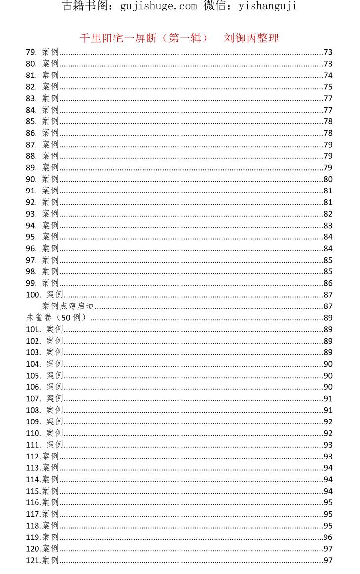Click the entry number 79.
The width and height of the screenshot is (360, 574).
click(31, 52)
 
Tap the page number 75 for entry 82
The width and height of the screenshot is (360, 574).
click(328, 87)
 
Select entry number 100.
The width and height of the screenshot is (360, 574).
click(34, 295)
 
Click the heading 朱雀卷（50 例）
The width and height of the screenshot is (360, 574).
click(57, 318)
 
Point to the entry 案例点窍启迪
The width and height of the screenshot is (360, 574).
click(68, 306)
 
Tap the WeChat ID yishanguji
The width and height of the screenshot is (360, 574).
click(267, 6)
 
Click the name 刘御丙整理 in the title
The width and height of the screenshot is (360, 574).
click(252, 38)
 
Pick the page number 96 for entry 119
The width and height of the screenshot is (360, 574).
click(328, 537)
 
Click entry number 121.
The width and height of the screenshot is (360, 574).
click(34, 560)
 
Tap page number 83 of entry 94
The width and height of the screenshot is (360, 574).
click(328, 226)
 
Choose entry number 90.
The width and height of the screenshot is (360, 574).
click(31, 179)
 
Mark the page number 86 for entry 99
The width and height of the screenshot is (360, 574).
click(328, 283)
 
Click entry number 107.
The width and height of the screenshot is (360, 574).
click(34, 398)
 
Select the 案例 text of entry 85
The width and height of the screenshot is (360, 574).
click(50, 121)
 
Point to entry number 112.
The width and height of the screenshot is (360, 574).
click(34, 456)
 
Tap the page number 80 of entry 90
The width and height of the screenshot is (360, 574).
click(328, 179)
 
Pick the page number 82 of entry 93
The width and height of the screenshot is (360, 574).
click(328, 214)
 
